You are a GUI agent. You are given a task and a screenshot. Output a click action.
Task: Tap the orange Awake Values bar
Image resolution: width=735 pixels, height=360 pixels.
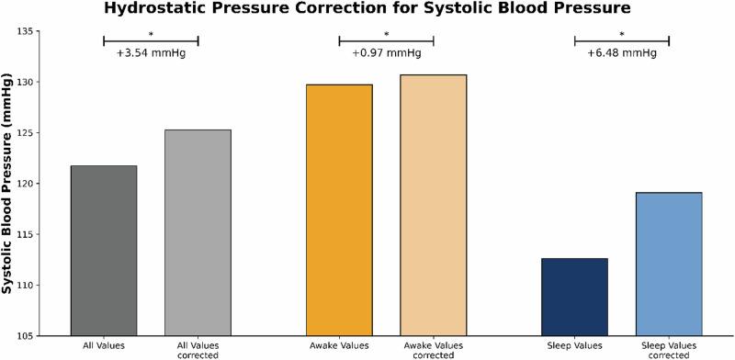point(339,210)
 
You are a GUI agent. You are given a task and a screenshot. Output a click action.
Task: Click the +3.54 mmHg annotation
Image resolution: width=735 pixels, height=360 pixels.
point(151,53)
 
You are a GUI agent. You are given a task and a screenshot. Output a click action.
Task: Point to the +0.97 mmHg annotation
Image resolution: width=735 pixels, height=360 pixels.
point(386,53)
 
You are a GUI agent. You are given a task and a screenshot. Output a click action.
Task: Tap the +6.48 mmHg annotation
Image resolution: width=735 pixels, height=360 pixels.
point(621,53)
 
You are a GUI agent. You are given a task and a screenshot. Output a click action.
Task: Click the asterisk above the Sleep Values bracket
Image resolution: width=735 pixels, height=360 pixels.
point(621,35)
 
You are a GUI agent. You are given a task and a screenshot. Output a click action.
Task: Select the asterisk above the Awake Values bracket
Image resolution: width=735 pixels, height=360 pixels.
point(386,35)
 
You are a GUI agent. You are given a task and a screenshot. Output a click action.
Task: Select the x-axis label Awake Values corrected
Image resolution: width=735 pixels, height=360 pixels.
point(433,350)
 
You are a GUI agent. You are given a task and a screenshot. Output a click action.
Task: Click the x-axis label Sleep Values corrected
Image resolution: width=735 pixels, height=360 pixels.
point(668,350)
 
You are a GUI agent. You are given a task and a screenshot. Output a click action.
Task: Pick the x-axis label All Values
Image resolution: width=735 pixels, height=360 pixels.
point(104,345)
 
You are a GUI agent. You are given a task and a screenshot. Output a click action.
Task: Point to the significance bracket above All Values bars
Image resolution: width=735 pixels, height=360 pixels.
point(151,40)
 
